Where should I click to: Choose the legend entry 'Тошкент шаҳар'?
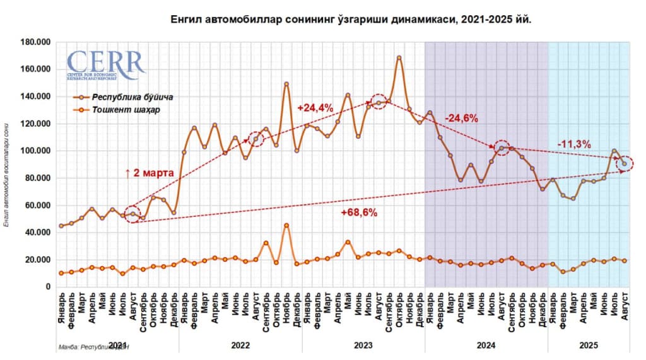point(126,110)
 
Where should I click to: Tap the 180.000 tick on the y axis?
point(36,42)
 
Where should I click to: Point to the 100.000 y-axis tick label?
point(36,151)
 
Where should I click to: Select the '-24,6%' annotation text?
point(461,119)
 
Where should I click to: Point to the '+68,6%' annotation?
point(358,213)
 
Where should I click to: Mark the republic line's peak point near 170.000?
point(399,57)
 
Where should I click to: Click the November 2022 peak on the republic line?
point(286,84)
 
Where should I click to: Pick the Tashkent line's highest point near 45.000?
point(286,225)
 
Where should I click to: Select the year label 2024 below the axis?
point(486,345)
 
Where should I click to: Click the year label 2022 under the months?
point(240,345)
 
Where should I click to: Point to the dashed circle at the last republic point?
point(625,164)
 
